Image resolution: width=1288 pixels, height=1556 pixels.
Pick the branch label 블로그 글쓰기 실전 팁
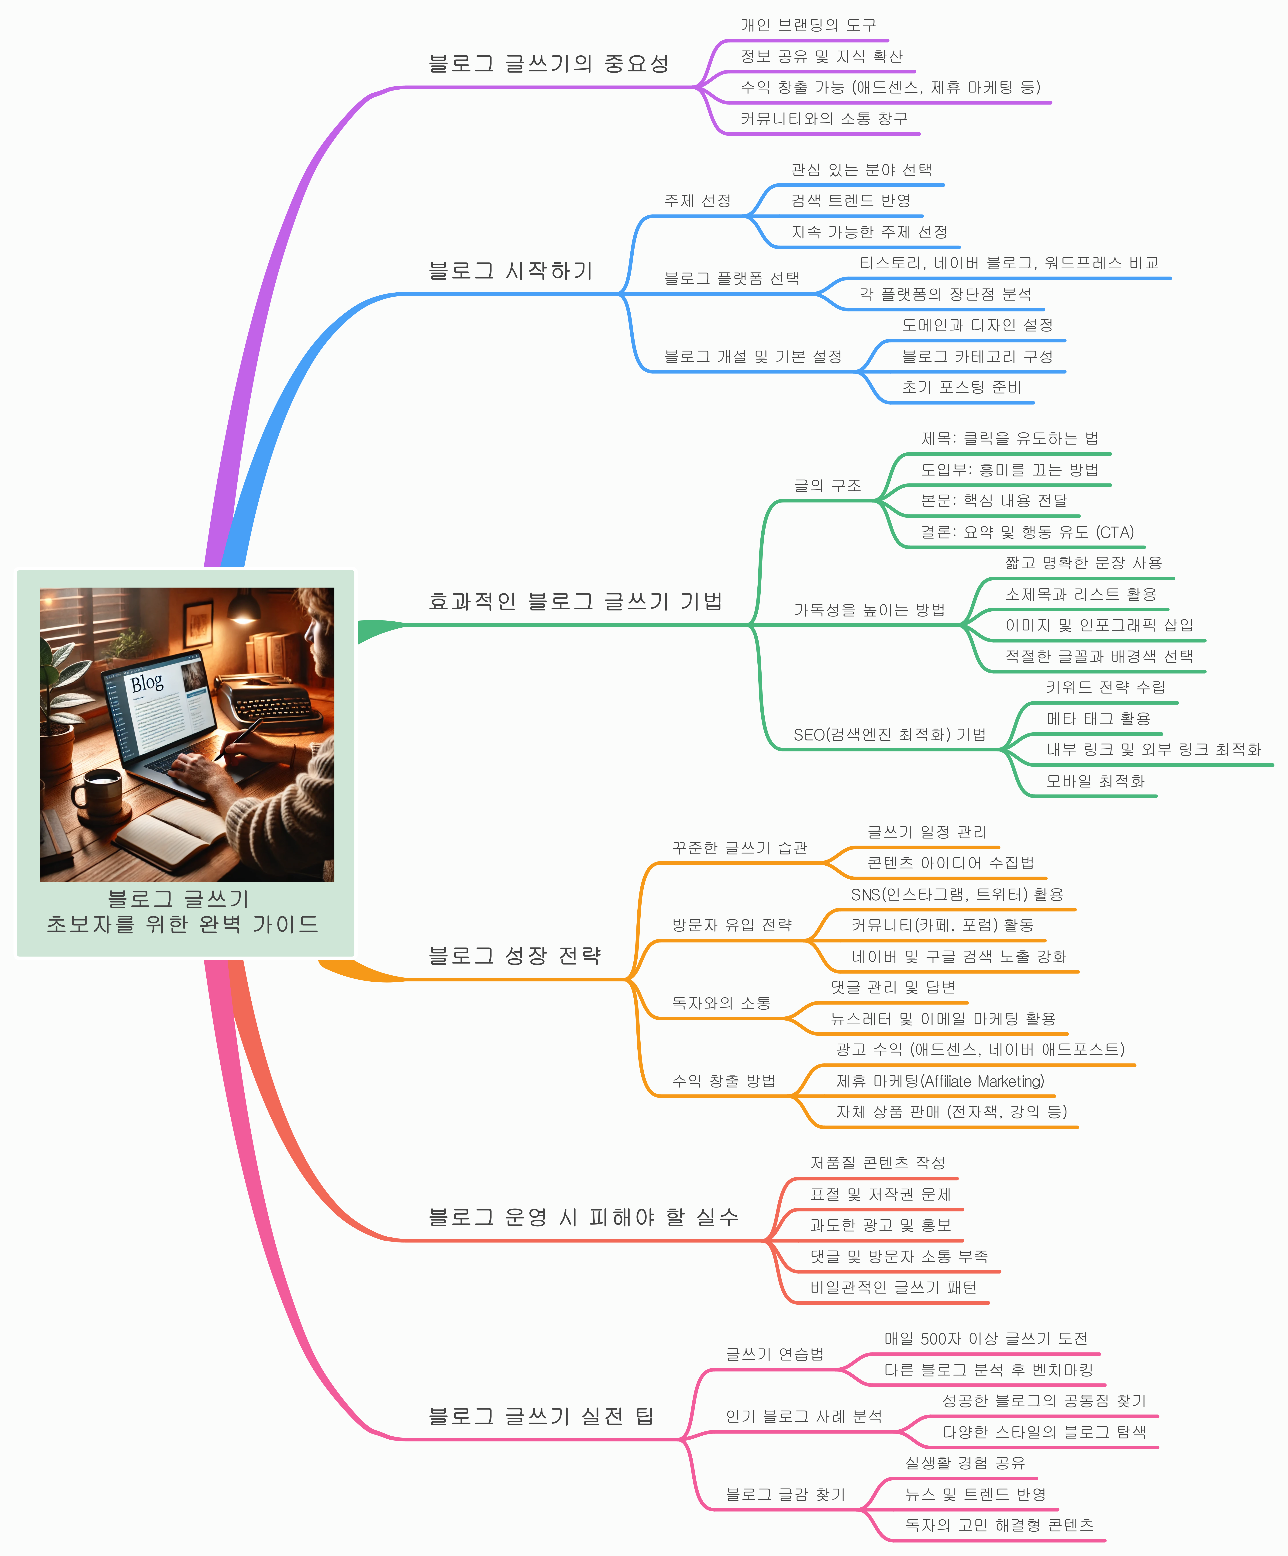(x=541, y=1417)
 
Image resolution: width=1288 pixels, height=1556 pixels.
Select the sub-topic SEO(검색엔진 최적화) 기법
(x=889, y=734)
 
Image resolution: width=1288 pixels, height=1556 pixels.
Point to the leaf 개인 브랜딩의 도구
(x=808, y=25)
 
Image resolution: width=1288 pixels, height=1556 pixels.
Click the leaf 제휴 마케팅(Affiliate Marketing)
(x=940, y=1081)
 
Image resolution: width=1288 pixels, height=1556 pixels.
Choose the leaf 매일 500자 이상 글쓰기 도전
(x=986, y=1338)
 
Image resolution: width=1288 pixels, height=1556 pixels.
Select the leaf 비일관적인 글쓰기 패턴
(x=893, y=1287)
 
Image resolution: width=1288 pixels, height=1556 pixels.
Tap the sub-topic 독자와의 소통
(x=721, y=1002)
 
